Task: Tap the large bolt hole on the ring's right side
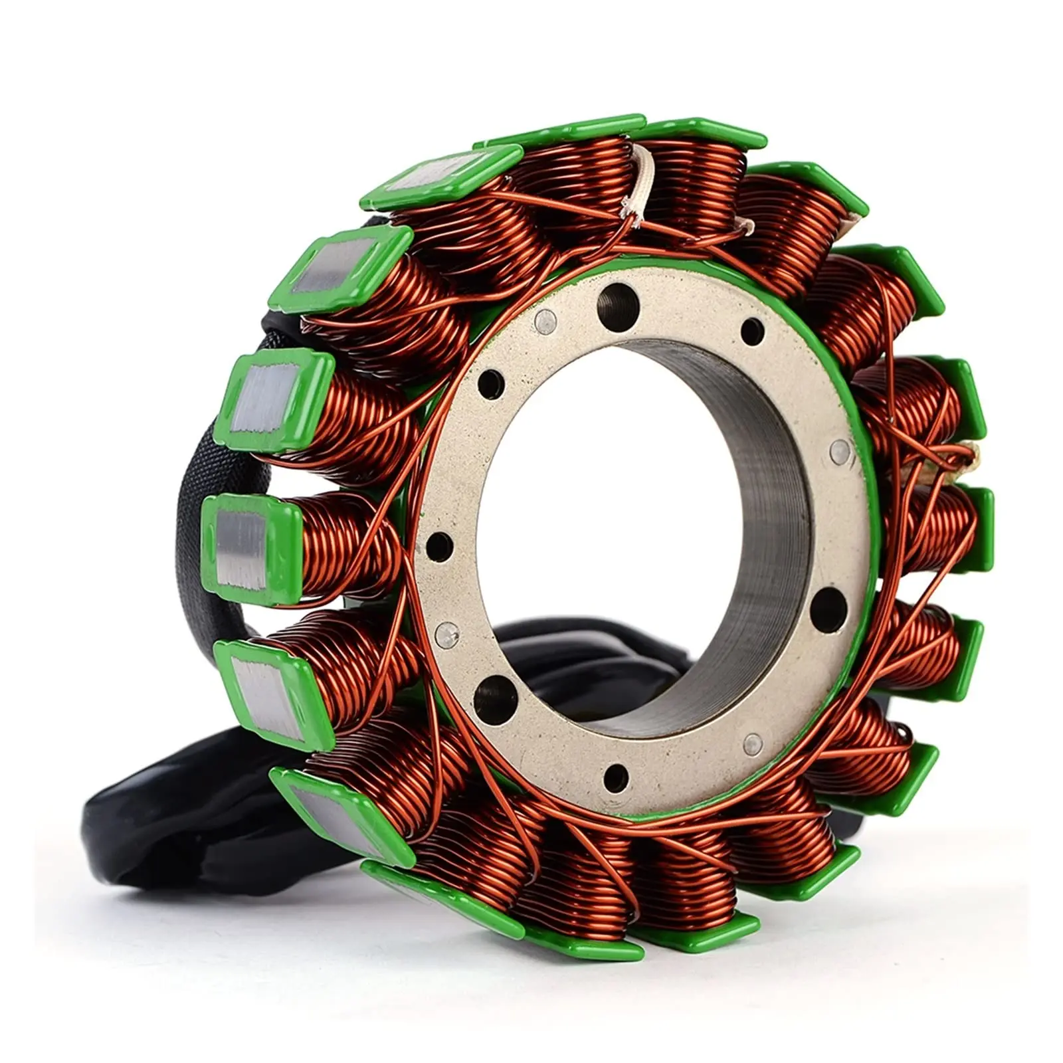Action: tap(829, 606)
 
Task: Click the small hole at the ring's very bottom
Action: tap(615, 774)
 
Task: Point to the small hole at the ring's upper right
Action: tap(752, 329)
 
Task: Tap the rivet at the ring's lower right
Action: tap(753, 741)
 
